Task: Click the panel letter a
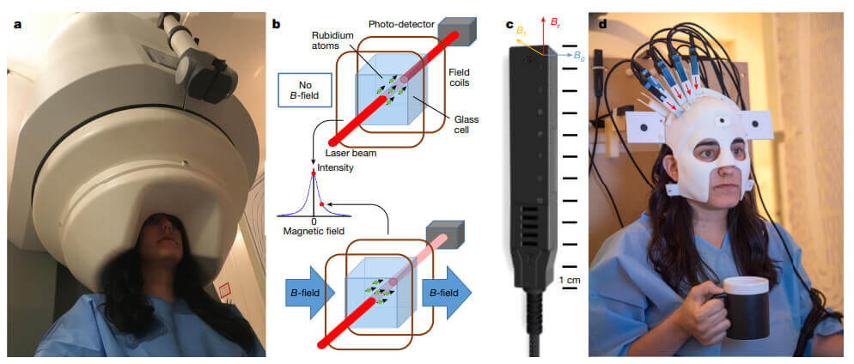17,23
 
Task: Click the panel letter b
277,23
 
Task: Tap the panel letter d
601,23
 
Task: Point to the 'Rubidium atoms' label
332,41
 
